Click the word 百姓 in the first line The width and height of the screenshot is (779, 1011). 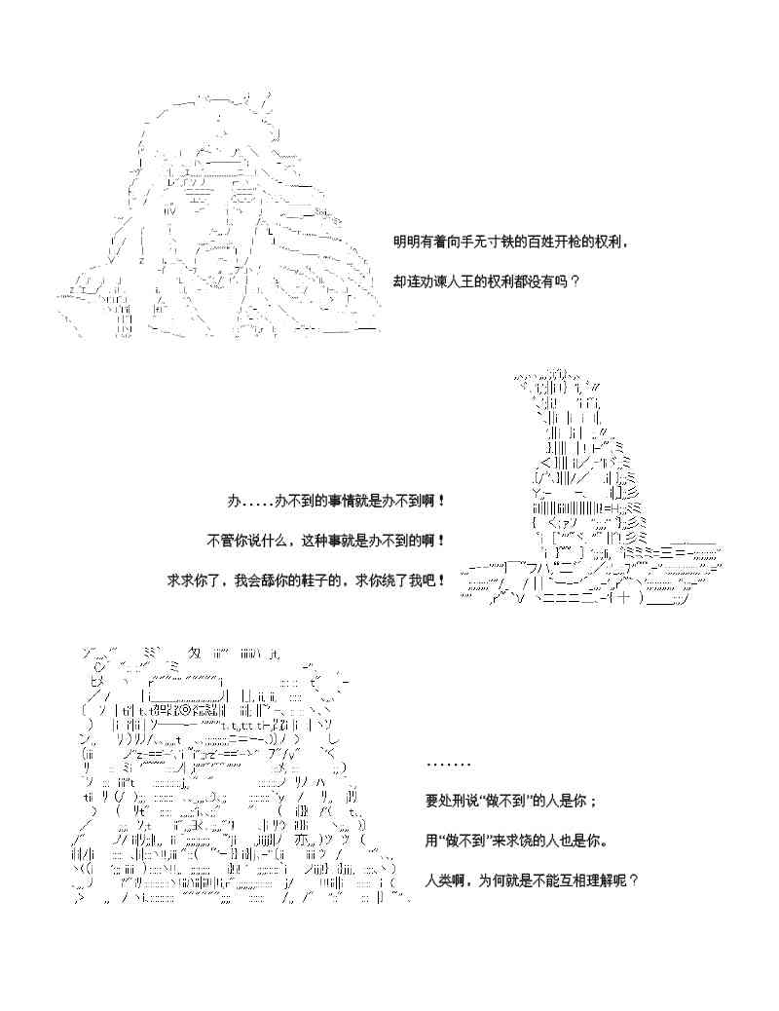(527, 242)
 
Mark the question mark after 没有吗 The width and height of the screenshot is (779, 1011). (575, 281)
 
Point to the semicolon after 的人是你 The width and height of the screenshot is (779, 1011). (593, 802)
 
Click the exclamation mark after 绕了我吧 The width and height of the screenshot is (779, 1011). (443, 580)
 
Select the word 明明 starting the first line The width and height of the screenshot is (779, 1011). (406, 242)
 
